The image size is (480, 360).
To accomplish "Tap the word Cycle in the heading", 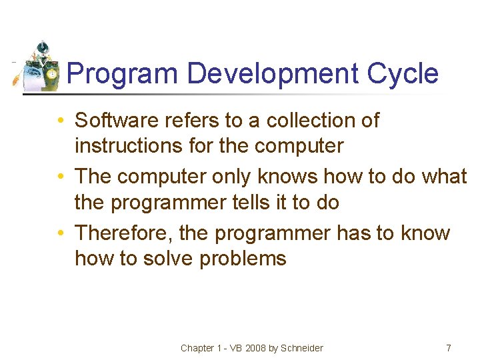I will (x=403, y=73).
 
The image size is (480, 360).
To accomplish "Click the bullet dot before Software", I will (x=61, y=121).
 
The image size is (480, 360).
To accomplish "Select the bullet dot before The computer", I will (x=61, y=177).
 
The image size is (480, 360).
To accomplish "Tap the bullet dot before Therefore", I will (x=61, y=234).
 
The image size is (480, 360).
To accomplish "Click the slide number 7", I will (x=448, y=348).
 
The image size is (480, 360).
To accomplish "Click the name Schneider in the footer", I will (x=302, y=348).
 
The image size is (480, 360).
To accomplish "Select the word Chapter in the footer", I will (x=197, y=348).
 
